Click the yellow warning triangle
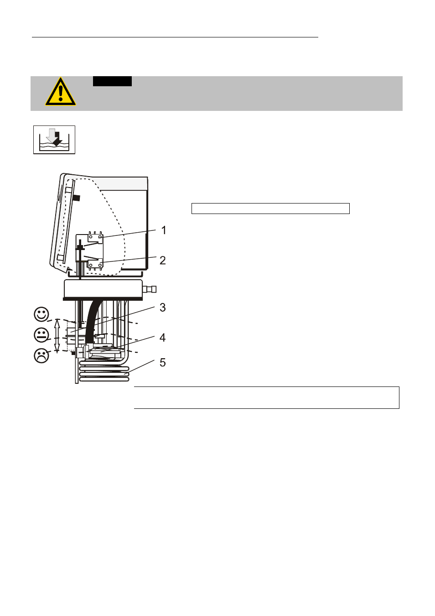[61, 92]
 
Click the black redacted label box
[112, 81]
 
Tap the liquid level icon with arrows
[54, 140]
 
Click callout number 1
[164, 230]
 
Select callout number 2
[163, 261]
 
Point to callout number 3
[163, 308]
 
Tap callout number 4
[163, 338]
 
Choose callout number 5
[163, 362]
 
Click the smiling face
[41, 314]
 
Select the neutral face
[41, 335]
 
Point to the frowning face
[41, 355]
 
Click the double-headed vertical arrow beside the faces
[57, 336]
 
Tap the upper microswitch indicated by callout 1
[95, 238]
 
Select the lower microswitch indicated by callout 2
[95, 263]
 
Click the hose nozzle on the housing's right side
[150, 289]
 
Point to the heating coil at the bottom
[104, 373]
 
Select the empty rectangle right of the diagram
[270, 209]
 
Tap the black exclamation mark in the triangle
[61, 93]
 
